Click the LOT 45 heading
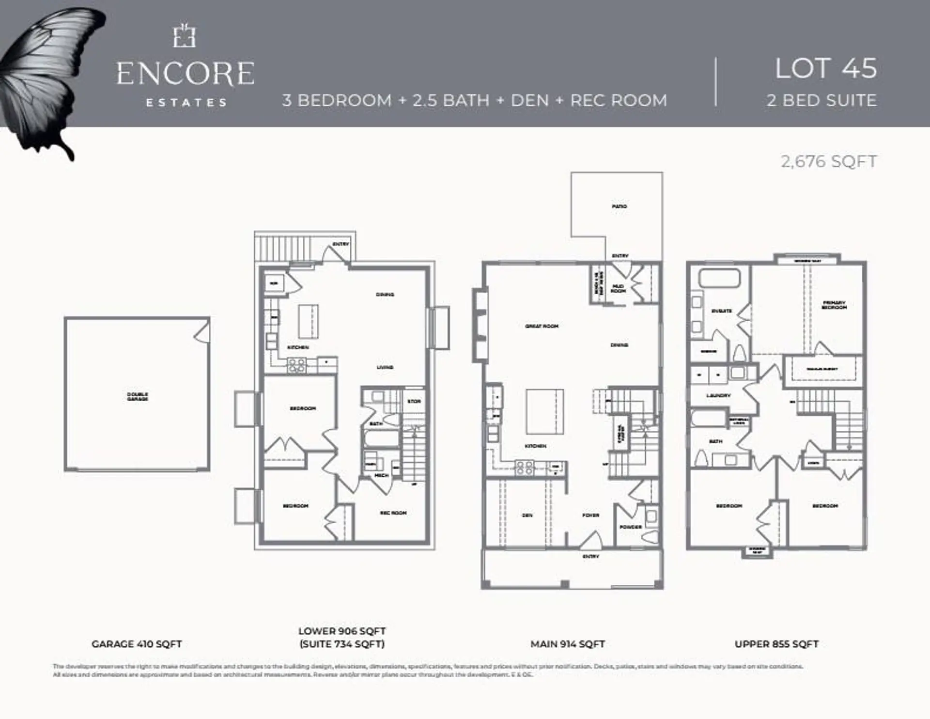point(825,69)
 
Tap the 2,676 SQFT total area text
point(828,161)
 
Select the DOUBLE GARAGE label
point(138,396)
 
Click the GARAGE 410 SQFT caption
point(137,644)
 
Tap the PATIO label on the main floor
point(619,206)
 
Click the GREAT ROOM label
point(542,327)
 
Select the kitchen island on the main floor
point(545,411)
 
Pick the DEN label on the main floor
point(527,516)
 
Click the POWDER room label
point(630,527)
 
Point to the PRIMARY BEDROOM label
point(834,305)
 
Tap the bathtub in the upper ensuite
point(719,279)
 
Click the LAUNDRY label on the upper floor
point(718,396)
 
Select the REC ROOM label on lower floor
point(393,513)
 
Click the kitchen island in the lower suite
point(308,321)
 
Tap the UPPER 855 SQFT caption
point(776,644)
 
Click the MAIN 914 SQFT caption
point(567,644)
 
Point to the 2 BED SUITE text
point(821,100)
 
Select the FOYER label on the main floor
point(590,516)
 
